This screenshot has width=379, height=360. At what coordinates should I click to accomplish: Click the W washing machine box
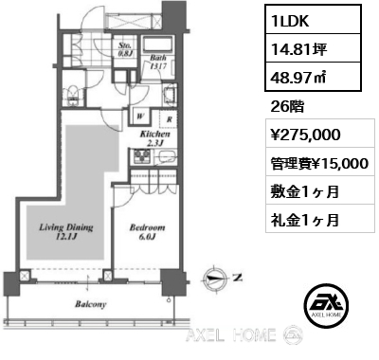(139, 120)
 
